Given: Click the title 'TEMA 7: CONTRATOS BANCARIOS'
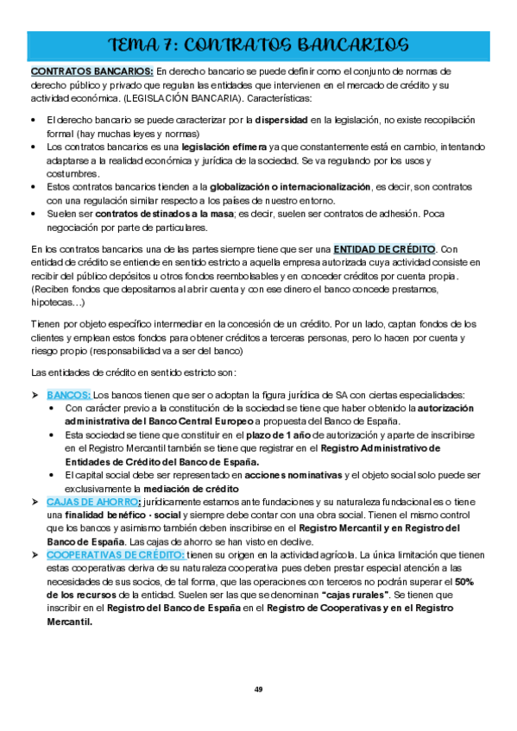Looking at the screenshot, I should coord(258,44).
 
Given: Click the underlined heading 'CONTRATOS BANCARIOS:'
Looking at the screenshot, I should coord(91,71).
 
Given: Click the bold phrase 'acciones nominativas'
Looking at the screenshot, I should coord(293,475).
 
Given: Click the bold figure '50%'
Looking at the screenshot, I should coord(463,582).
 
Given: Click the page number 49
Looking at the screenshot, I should coord(258,690).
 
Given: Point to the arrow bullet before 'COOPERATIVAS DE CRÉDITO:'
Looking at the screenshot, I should coord(36,556).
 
